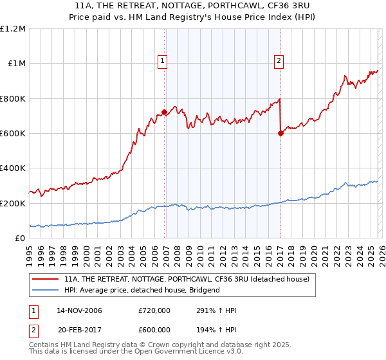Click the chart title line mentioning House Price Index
tap(193, 17)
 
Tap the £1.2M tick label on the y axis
tap(13, 29)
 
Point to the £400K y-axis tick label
tap(13, 168)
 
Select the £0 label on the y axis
tap(19, 238)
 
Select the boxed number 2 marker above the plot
tap(279, 61)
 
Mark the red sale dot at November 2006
tap(165, 113)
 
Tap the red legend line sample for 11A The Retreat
tap(45, 280)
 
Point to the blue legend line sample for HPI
tap(45, 290)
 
